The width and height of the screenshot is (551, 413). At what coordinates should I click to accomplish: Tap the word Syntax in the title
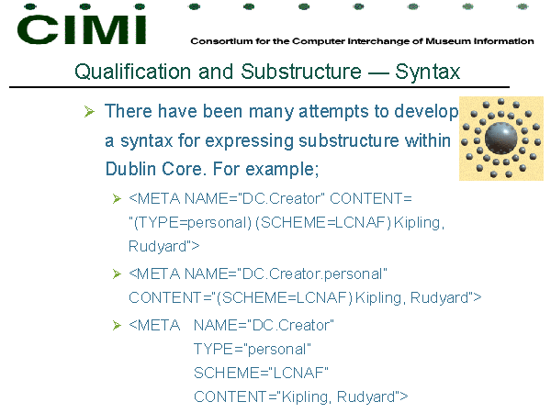[427, 73]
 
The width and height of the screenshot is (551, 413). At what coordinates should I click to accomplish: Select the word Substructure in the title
[301, 72]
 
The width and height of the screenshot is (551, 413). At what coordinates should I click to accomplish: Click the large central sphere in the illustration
[500, 139]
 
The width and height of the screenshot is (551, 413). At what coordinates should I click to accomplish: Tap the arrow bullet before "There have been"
[89, 112]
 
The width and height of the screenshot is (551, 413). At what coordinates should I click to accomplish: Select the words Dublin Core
[154, 169]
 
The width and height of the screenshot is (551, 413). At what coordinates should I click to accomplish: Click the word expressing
[249, 141]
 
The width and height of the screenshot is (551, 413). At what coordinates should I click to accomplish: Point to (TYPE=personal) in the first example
[193, 223]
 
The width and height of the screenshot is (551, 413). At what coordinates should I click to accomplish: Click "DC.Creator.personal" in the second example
[312, 273]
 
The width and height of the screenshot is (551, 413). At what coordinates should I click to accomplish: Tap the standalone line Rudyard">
[163, 247]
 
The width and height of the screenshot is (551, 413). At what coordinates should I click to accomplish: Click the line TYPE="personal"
[253, 350]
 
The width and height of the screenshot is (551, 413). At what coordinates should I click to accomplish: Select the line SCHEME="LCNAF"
[261, 373]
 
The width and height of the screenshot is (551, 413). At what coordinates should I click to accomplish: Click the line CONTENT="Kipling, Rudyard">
[301, 396]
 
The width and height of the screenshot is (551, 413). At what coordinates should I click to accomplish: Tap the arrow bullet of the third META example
[117, 326]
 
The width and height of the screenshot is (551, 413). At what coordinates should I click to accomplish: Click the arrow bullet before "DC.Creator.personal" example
[117, 273]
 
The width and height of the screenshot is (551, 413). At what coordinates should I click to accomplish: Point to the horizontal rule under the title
[259, 87]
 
